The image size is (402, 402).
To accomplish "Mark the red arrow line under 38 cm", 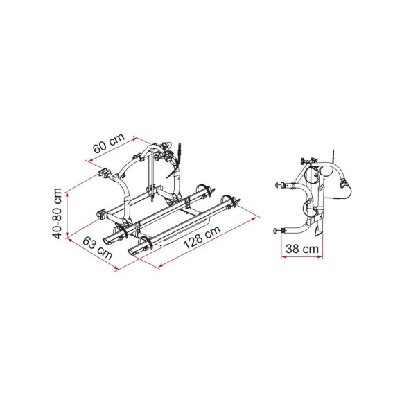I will [x=297, y=256].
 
